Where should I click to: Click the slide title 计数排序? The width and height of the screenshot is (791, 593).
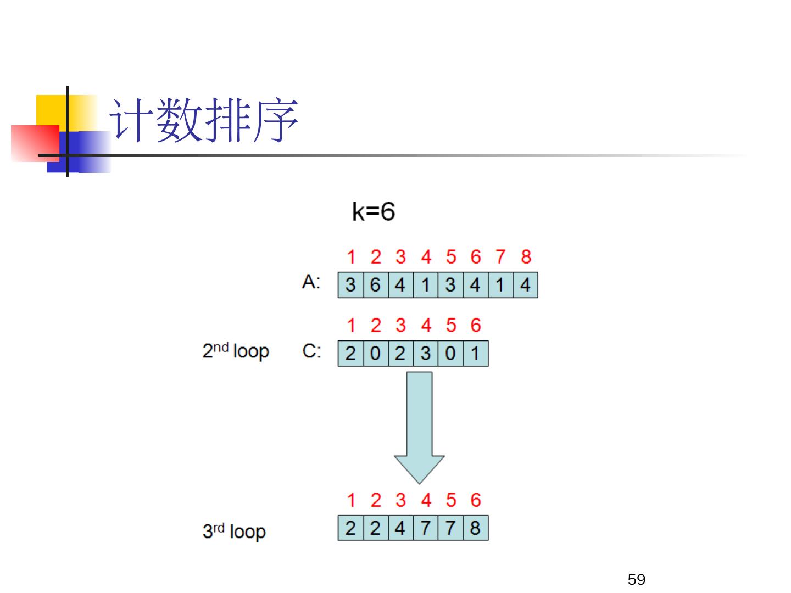click(x=204, y=121)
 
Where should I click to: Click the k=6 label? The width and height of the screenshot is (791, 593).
click(x=373, y=211)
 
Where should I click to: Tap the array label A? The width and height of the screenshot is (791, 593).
click(x=311, y=282)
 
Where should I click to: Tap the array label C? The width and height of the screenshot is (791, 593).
click(x=311, y=351)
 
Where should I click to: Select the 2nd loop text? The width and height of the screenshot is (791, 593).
click(x=236, y=350)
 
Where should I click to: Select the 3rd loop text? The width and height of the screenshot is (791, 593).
click(x=234, y=531)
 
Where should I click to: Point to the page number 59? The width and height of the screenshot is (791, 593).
click(x=636, y=579)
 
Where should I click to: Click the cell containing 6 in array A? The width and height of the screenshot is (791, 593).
click(x=375, y=285)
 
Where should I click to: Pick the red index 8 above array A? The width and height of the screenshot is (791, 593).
click(x=526, y=256)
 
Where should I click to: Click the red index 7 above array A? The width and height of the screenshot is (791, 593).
click(x=500, y=256)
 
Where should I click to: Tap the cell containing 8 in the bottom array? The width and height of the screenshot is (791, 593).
click(x=475, y=528)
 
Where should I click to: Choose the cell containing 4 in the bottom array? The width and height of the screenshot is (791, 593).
click(x=400, y=528)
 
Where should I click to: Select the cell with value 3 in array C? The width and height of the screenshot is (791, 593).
click(x=425, y=354)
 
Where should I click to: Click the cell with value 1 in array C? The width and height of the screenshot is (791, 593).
click(x=475, y=354)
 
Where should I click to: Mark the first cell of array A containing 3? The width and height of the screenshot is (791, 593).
click(x=350, y=285)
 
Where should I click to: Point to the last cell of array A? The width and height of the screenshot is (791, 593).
click(x=525, y=285)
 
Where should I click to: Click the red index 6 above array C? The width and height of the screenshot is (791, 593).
click(x=475, y=325)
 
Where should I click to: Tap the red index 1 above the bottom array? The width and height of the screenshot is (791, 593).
click(x=350, y=500)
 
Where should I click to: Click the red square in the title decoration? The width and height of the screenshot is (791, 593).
click(x=34, y=143)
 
